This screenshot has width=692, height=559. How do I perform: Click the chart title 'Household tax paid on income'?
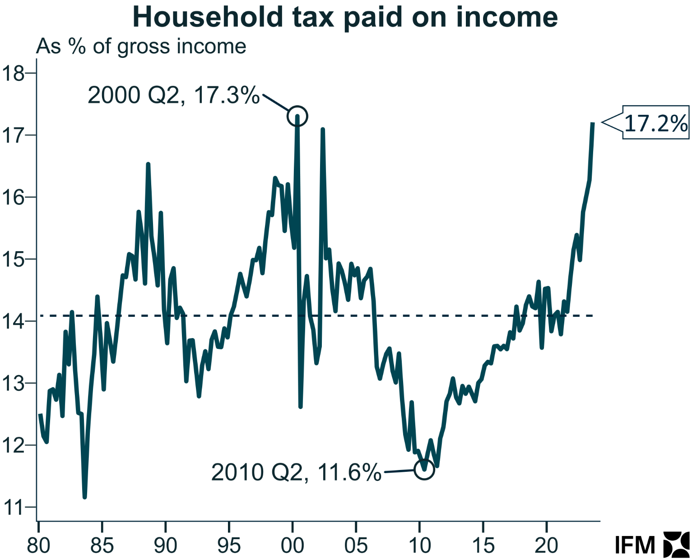coord(345,17)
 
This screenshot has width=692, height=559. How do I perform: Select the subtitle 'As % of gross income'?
coord(141,47)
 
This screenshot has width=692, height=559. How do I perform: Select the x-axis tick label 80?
coord(38,545)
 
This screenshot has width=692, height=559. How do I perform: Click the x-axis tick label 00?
coord(293,545)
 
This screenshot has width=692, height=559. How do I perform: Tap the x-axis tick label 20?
coord(546,545)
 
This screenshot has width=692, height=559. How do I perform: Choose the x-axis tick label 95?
coord(229,545)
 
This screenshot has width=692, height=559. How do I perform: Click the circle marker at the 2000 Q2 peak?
coord(297,116)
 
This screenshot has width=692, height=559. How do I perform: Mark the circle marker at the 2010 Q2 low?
coord(424,470)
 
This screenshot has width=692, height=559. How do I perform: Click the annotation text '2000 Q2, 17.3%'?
coord(174,95)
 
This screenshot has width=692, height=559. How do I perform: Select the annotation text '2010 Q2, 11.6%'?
coord(296,473)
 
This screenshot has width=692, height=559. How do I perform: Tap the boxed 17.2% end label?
coord(655,122)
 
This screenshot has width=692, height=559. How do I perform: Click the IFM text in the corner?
coord(635,545)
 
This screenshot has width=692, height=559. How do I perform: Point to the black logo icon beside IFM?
coord(676,544)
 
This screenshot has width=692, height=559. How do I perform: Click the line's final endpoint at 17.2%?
coord(592,123)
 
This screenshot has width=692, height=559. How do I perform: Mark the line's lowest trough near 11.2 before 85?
coord(84,497)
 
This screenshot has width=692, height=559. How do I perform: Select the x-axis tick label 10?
coord(419,545)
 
